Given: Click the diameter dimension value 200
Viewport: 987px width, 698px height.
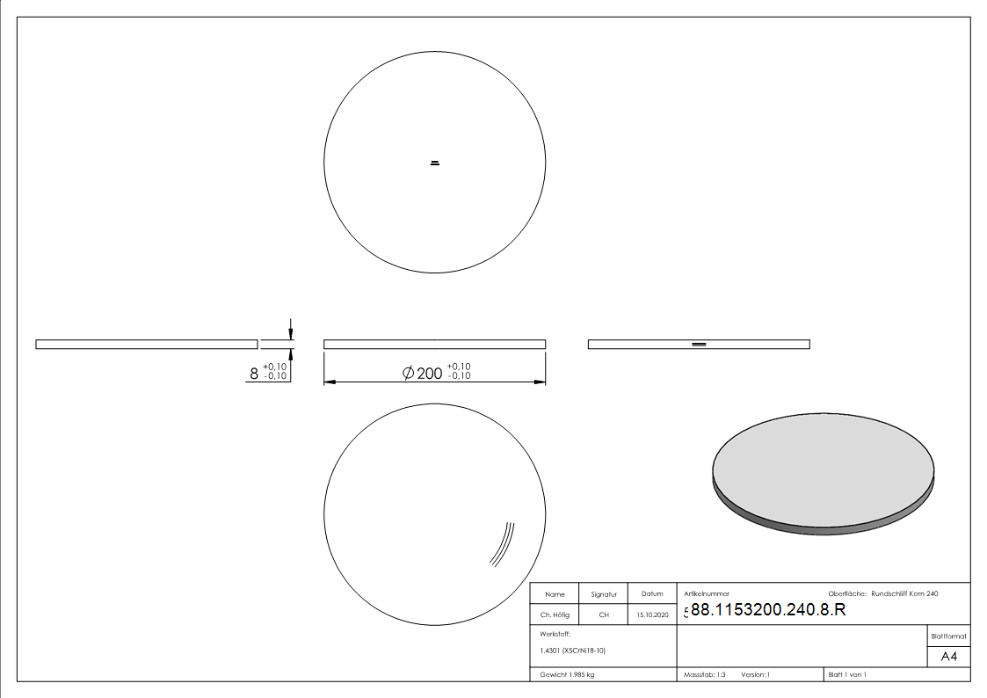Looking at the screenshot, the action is tap(429, 374).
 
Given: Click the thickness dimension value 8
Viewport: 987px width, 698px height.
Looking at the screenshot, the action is tap(254, 374).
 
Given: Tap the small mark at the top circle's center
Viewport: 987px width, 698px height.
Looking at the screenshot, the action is tap(434, 163).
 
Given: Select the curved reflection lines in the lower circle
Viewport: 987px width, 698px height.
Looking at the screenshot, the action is tap(503, 544).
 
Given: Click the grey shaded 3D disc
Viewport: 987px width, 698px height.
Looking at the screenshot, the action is tap(824, 473).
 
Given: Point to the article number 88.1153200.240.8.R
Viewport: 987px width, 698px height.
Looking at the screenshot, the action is tap(768, 609).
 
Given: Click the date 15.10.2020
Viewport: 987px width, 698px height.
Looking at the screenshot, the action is tap(652, 614).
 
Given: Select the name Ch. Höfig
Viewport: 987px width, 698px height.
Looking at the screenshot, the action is tap(555, 614).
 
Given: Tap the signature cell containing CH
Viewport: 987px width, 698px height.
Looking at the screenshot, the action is tap(604, 614).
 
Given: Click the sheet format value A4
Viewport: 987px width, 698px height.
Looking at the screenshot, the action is tap(948, 657).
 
